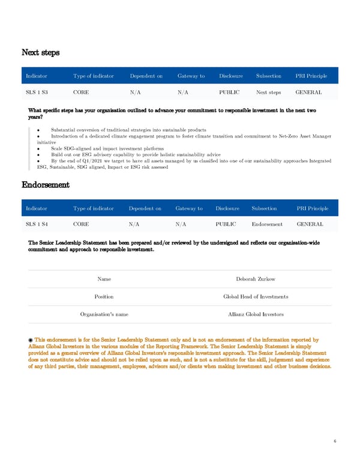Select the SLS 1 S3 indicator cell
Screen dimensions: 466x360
37,92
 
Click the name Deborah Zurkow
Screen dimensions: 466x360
256,279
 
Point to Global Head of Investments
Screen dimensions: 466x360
256,297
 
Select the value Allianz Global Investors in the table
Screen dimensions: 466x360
256,314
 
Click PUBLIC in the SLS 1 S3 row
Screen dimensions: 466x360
229,92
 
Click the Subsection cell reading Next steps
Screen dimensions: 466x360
268,92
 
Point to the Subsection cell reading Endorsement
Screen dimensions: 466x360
268,224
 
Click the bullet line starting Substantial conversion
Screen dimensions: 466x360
128,130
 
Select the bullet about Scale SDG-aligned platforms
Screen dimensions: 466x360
107,148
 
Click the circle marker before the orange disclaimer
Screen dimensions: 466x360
31,340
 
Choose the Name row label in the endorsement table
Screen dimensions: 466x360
104,279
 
